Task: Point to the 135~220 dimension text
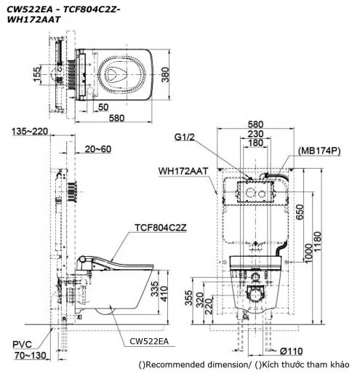tap(31, 132)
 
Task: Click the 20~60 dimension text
tap(97, 149)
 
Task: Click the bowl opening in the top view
tap(119, 70)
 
